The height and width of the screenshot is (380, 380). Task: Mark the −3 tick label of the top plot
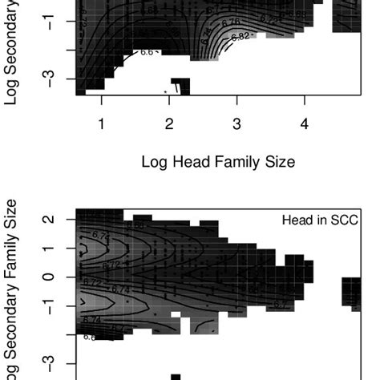pyautogui.click(x=51, y=79)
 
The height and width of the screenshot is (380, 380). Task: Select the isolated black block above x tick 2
pyautogui.click(x=180, y=87)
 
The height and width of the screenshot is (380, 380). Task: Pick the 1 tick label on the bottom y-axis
pyautogui.click(x=51, y=249)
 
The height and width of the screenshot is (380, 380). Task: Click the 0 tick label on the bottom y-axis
pyautogui.click(x=51, y=277)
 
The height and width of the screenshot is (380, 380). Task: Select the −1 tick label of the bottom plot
pyautogui.click(x=51, y=305)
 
